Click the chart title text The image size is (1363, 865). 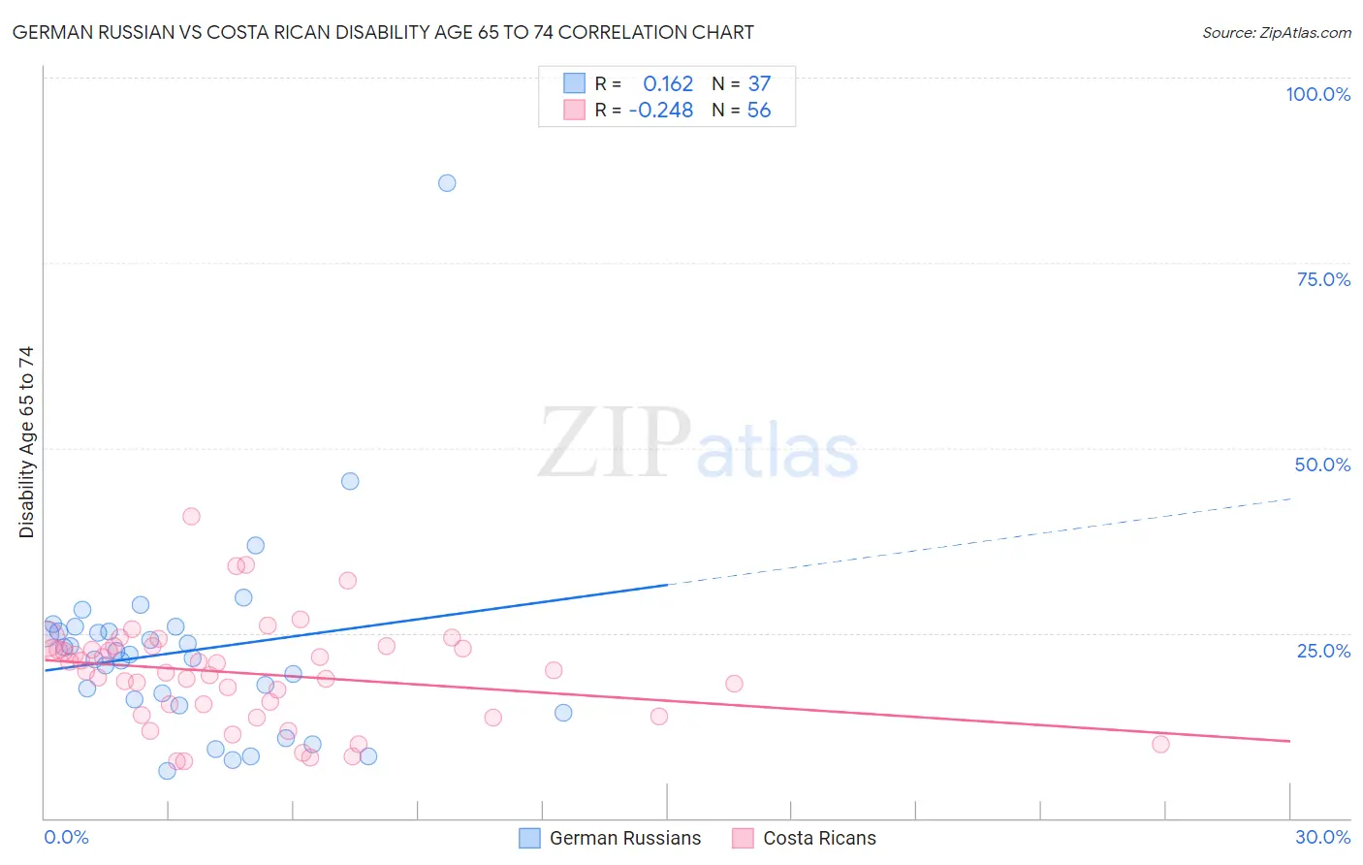(383, 33)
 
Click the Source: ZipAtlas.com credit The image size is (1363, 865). (1276, 33)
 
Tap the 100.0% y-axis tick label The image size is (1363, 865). (1317, 94)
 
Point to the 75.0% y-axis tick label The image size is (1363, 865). (1323, 279)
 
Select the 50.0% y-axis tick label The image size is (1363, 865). (1322, 465)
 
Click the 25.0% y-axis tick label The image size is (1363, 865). (1323, 651)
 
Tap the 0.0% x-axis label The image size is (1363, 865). (66, 837)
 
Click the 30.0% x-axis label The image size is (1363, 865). (1322, 837)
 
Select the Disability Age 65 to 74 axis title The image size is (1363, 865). (26, 442)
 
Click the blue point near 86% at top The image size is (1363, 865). (447, 183)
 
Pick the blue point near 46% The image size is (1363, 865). (350, 481)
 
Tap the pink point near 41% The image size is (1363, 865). (191, 517)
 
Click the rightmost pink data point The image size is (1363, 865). (1160, 745)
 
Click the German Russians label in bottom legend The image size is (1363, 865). (624, 838)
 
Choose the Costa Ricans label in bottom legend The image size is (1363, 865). (819, 838)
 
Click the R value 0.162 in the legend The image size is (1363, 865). (668, 84)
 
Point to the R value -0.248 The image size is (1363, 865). (661, 111)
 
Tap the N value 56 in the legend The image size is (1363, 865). (759, 111)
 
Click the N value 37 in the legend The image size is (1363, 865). (759, 84)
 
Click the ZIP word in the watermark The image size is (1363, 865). (614, 444)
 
